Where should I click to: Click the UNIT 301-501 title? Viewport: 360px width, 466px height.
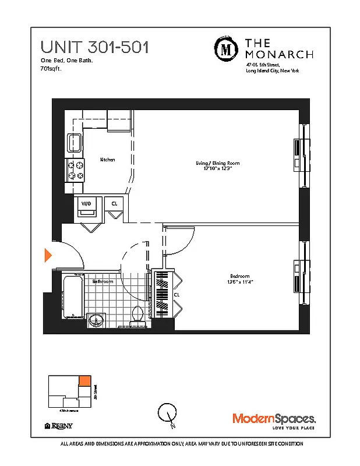tap(94, 47)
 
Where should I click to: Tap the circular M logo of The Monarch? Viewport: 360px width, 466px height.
tap(225, 48)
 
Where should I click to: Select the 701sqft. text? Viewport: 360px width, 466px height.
tap(51, 68)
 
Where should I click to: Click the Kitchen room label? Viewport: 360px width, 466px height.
tap(107, 160)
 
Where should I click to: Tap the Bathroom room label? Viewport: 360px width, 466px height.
tap(103, 281)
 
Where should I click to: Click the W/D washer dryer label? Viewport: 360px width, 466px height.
tap(86, 203)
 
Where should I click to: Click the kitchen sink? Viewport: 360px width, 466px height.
tap(74, 142)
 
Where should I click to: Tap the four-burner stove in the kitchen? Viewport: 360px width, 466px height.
tap(75, 170)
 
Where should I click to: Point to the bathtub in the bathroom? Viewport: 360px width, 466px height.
tap(73, 295)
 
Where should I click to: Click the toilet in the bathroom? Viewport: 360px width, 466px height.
tap(138, 313)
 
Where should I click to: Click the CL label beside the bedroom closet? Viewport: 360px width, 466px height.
tap(177, 295)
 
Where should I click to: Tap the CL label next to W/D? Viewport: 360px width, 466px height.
tap(115, 203)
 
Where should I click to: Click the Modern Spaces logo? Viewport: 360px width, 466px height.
tap(274, 419)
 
